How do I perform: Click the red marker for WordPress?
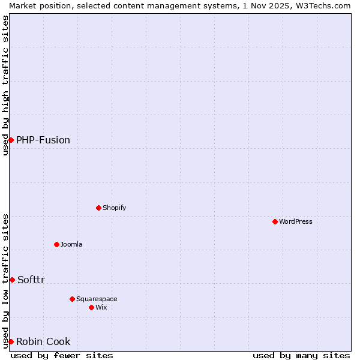pyautogui.click(x=275, y=221)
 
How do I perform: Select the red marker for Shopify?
pyautogui.click(x=98, y=208)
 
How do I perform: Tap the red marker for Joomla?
pyautogui.click(x=56, y=244)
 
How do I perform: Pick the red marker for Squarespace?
pyautogui.click(x=72, y=299)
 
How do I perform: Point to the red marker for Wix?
pyautogui.click(x=91, y=307)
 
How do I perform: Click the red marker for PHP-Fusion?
pyautogui.click(x=11, y=140)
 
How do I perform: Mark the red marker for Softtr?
pyautogui.click(x=12, y=280)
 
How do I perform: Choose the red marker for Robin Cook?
pyautogui.click(x=11, y=341)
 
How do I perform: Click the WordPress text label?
pyautogui.click(x=296, y=221)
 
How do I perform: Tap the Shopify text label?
pyautogui.click(x=115, y=208)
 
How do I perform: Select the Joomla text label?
pyautogui.click(x=71, y=244)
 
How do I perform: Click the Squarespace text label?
pyautogui.click(x=97, y=299)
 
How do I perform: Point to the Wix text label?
pyautogui.click(x=101, y=307)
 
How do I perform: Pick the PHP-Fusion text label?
pyautogui.click(x=43, y=140)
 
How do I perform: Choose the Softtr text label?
pyautogui.click(x=31, y=280)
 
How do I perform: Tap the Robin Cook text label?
pyautogui.click(x=43, y=341)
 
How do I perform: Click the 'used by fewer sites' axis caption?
pyautogui.click(x=62, y=355)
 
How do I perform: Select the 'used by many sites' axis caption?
pyautogui.click(x=301, y=355)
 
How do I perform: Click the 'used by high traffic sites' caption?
pyautogui.click(x=5, y=85)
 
